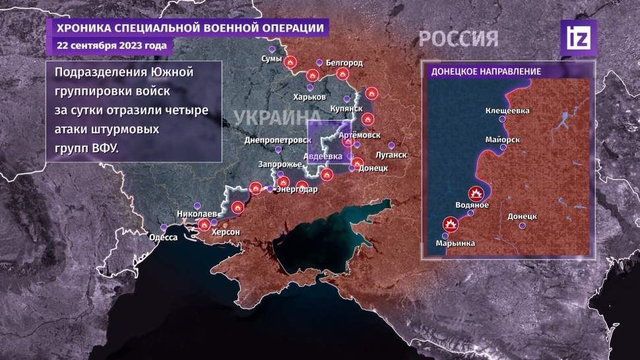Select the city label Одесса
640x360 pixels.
point(164,237)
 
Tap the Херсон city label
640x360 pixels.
point(226,233)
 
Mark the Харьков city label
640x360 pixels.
point(311,97)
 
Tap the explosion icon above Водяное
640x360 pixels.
point(475,194)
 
